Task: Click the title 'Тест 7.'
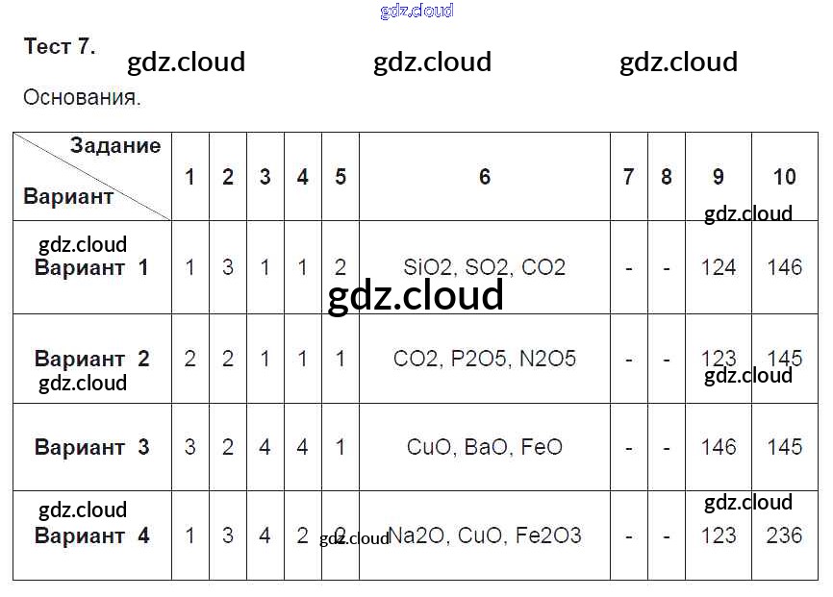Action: coord(60,47)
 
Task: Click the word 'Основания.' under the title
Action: coord(82,98)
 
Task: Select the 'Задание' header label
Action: coord(114,146)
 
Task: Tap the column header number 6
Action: coord(484,177)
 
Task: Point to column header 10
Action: coord(784,177)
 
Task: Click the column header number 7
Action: coord(628,177)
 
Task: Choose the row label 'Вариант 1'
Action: coord(91,267)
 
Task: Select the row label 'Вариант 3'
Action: coord(91,447)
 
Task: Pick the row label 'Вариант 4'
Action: coord(91,535)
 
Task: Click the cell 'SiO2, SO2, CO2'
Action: coord(484,267)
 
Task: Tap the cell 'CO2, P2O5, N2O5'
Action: coord(484,359)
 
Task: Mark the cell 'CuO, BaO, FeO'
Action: coord(484,447)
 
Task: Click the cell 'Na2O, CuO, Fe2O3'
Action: coord(484,535)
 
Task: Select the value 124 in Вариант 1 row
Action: coord(719,267)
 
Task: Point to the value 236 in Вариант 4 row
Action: coord(784,535)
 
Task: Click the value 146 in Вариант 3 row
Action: coord(719,447)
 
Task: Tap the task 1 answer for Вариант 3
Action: coord(189,447)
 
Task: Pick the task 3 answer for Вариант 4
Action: coord(265,535)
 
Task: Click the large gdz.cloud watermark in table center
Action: coord(416,296)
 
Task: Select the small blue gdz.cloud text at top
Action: coord(416,12)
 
